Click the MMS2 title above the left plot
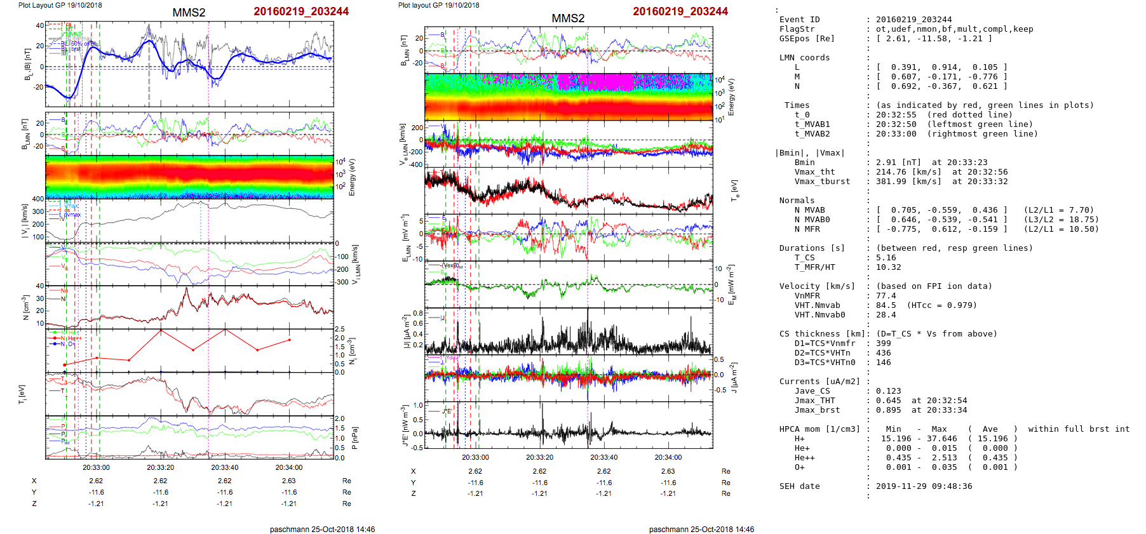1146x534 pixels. pos(189,13)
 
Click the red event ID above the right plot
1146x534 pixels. pos(680,11)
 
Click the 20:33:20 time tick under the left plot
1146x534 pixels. pos(160,467)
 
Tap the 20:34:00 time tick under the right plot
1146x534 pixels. pos(668,457)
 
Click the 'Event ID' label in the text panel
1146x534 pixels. pos(799,20)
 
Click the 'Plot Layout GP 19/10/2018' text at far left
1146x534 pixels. pos(60,5)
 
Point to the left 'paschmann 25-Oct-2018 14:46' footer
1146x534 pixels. pos(322,529)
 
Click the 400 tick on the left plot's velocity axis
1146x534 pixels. pos(38,199)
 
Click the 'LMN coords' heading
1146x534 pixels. pos(804,58)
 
